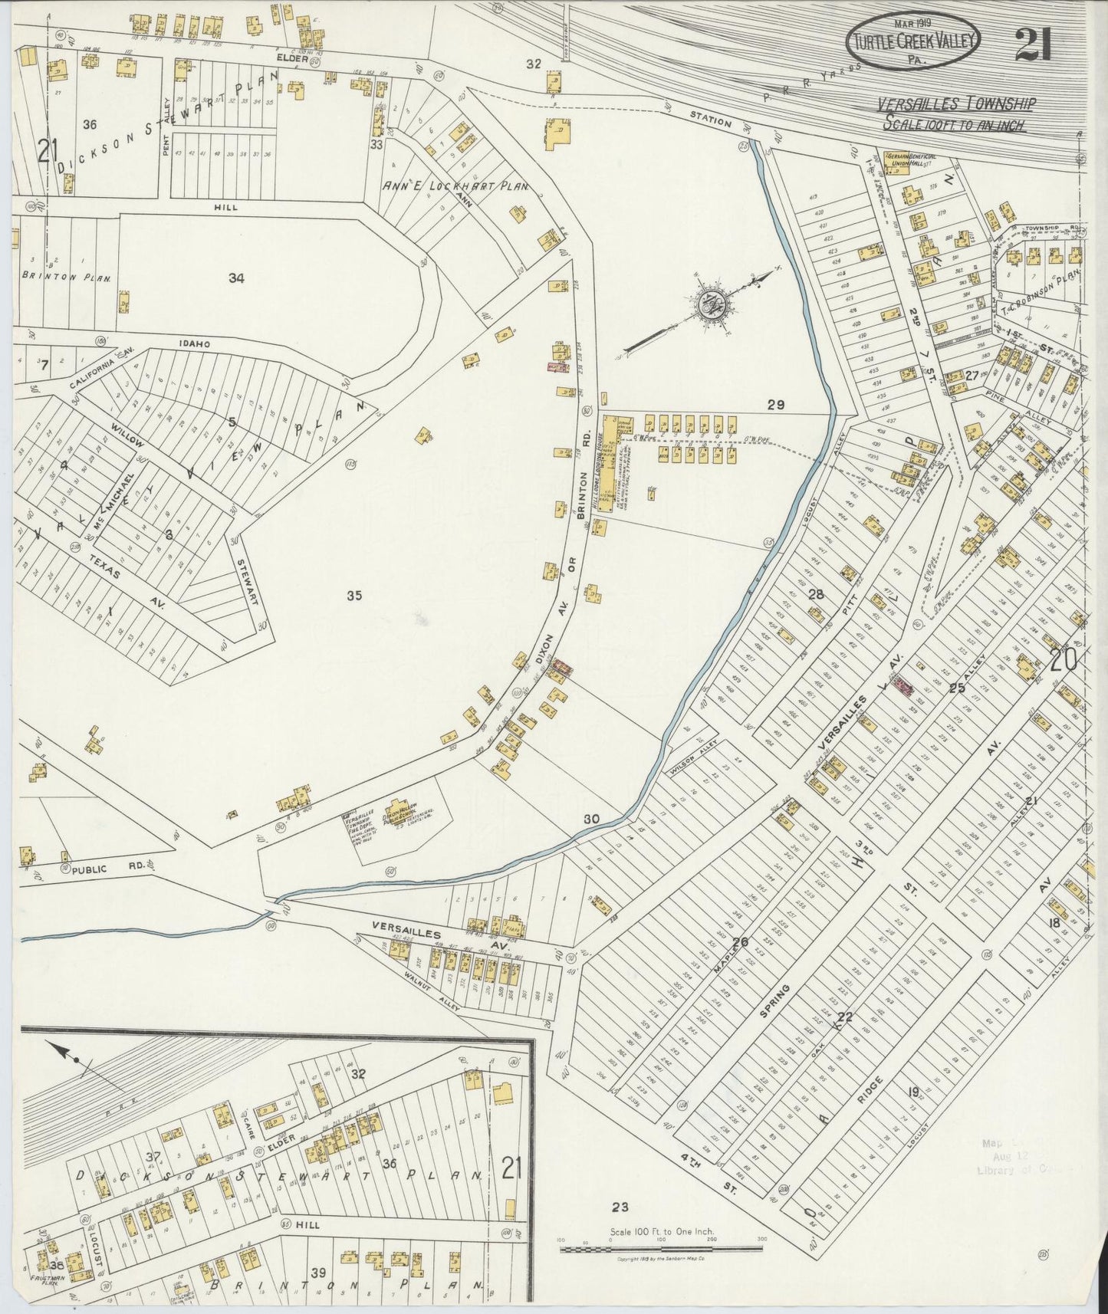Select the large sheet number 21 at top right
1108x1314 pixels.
1033,44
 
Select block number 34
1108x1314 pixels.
236,279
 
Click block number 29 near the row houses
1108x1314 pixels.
775,405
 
